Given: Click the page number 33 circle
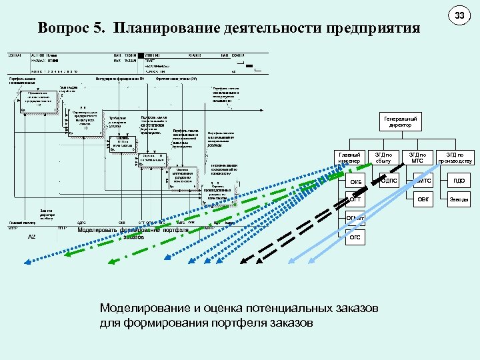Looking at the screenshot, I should (x=459, y=15).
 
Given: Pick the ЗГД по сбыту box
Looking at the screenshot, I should (x=384, y=157).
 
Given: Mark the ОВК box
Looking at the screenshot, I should (x=424, y=199).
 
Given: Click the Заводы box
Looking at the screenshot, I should (x=459, y=199).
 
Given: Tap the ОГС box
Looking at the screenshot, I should (x=355, y=237).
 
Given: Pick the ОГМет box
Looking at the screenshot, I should (x=355, y=218).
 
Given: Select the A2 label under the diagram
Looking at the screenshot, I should (x=31, y=237).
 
